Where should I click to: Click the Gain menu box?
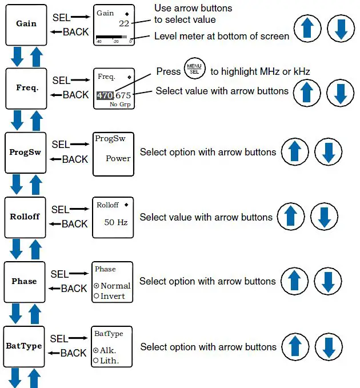tap(26, 25)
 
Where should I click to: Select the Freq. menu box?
tap(26, 89)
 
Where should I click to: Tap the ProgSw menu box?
tap(26, 153)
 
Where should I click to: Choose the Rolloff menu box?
tap(25, 218)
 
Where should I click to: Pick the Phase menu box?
tap(25, 282)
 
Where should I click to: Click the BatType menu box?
tap(24, 347)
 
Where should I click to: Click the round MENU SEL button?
tap(194, 69)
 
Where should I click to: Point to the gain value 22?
tap(124, 23)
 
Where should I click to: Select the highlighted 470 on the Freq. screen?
tap(105, 95)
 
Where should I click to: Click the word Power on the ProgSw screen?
tap(118, 158)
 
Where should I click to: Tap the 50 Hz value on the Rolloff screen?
tap(116, 222)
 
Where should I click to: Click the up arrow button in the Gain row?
tap(307, 28)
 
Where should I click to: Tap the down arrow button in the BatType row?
tap(329, 347)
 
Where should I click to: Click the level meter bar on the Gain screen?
tap(111, 37)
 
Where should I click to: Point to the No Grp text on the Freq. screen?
tap(120, 105)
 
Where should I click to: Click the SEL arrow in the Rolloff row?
tap(79, 209)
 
